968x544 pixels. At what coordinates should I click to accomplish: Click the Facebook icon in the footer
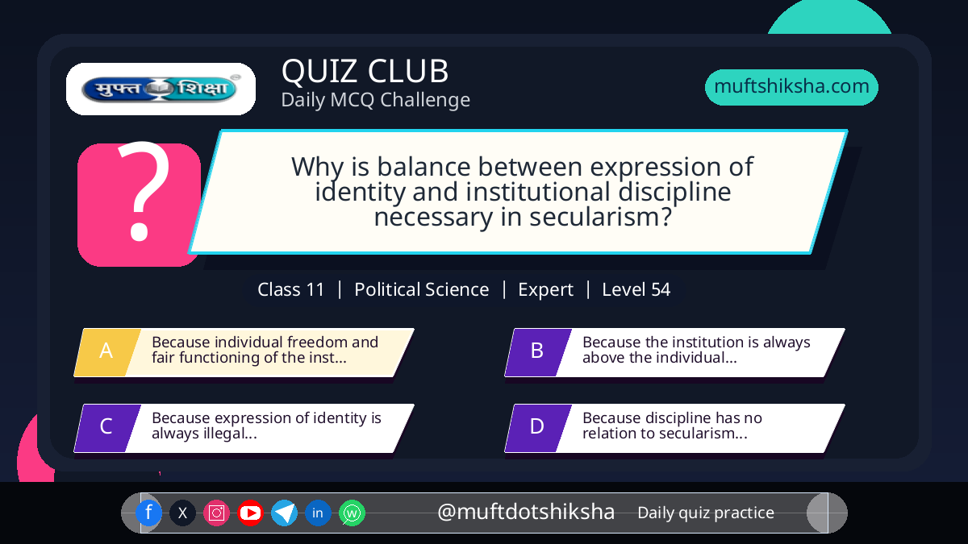148,513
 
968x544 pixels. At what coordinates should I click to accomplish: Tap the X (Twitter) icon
182,513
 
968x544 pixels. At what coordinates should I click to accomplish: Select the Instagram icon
216,513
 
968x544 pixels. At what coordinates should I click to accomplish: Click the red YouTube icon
250,513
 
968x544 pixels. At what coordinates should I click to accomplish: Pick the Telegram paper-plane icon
284,513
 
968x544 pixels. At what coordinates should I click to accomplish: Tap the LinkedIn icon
318,513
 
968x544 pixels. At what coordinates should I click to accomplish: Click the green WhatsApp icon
353,513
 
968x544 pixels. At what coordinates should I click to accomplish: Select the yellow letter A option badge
107,352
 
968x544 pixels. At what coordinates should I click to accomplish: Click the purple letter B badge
538,352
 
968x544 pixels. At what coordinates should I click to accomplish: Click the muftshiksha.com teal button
791,87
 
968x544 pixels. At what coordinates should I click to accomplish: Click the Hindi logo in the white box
161,89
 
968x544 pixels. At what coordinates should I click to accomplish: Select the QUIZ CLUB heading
365,71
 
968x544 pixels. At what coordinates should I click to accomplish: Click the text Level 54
636,289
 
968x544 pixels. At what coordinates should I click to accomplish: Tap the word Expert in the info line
545,289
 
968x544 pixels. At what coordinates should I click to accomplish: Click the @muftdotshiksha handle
526,512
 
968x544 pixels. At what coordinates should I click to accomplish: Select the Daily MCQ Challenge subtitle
376,100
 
